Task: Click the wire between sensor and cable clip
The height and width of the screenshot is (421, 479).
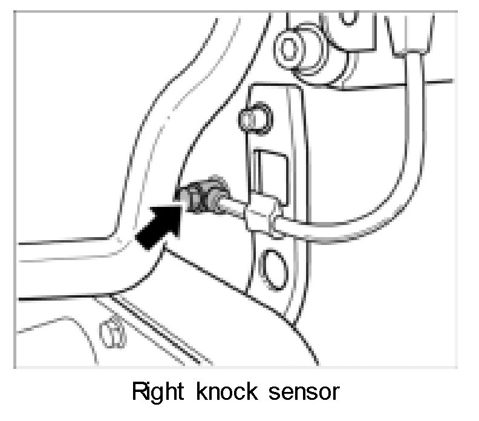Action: tap(236, 206)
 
